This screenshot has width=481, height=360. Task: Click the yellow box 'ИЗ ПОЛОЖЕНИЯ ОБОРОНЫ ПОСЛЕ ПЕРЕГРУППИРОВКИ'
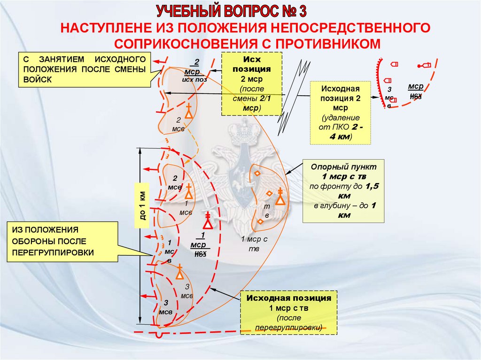pos(62,241)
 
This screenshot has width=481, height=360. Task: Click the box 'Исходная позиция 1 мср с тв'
pos(288,312)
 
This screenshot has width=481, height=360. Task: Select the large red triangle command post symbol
pos(208,223)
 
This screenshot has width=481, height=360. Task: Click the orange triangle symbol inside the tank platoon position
pos(280,199)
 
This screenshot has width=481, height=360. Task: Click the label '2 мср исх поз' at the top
pos(194,71)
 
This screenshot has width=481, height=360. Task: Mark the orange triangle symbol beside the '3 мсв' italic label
pos(179,274)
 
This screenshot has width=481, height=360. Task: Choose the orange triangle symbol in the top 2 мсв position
pos(188,113)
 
